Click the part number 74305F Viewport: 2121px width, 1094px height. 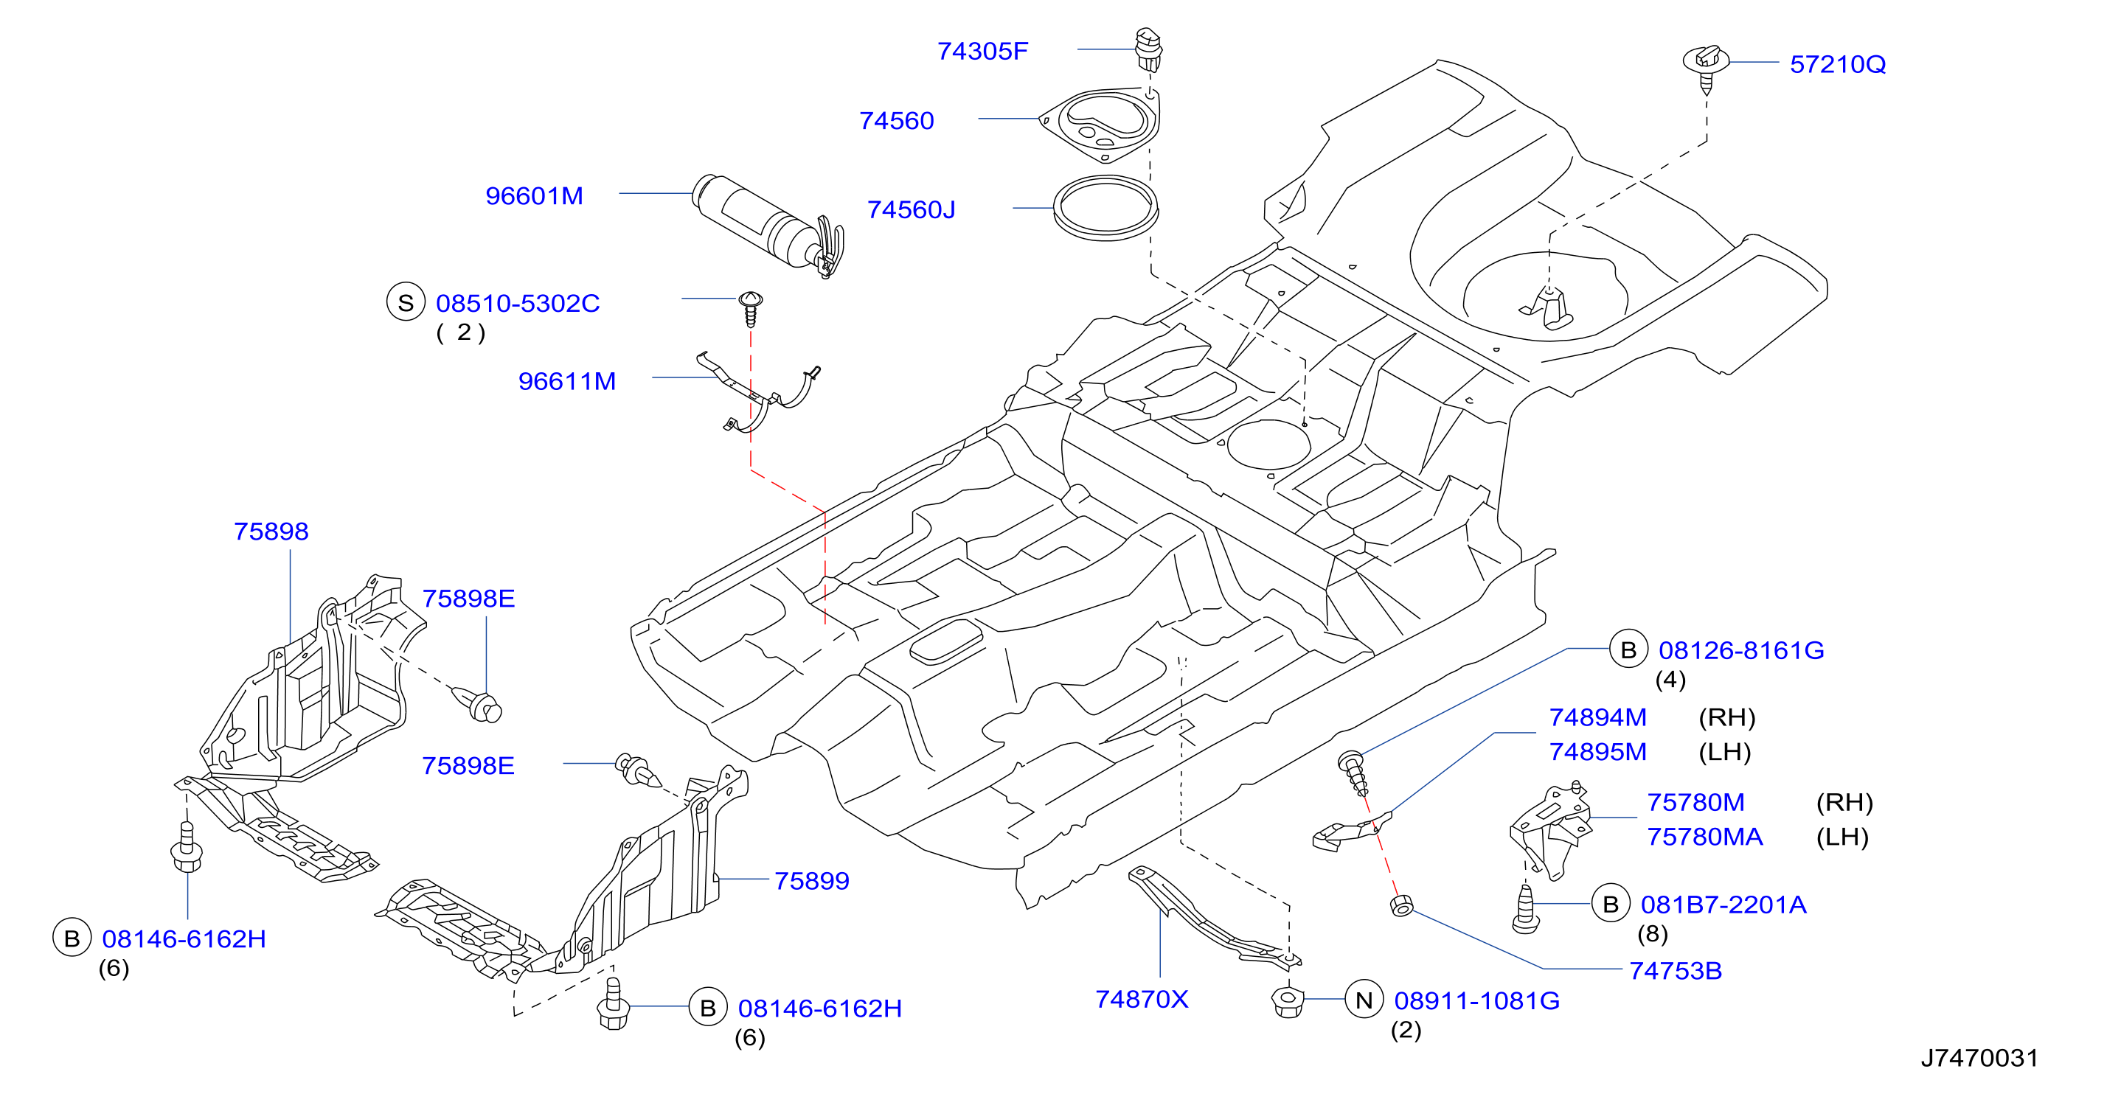(982, 51)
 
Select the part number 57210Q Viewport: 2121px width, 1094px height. (1837, 64)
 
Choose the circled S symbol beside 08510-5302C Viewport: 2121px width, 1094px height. (405, 302)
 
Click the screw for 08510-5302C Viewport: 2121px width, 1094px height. (750, 309)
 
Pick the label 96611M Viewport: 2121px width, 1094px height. (566, 381)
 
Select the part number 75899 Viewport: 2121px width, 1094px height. (811, 881)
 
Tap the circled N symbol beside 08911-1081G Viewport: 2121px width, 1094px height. (1364, 1000)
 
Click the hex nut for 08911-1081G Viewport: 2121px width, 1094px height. (1288, 1001)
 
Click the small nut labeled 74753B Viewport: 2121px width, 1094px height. (1401, 906)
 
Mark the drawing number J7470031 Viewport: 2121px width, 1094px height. (1979, 1058)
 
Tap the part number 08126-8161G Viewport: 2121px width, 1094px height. (1740, 650)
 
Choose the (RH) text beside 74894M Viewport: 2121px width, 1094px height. (1726, 717)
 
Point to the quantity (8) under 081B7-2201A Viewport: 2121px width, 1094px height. (1652, 933)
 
